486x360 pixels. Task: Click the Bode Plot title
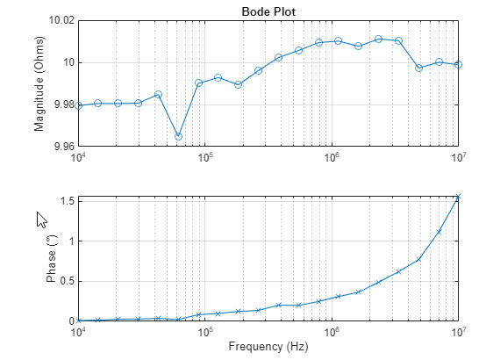coord(268,11)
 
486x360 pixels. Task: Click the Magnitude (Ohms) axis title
coord(39,83)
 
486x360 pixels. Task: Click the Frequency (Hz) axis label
coord(268,347)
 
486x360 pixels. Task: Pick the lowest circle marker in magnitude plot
coord(178,136)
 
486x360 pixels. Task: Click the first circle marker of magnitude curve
coord(78,105)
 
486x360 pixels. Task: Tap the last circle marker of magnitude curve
coord(458,64)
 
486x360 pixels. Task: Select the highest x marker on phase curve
coord(458,197)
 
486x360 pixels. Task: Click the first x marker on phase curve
coord(78,320)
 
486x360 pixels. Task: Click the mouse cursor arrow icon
coord(41,220)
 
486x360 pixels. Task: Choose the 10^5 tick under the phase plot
coord(205,332)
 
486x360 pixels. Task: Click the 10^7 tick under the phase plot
coord(458,332)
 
